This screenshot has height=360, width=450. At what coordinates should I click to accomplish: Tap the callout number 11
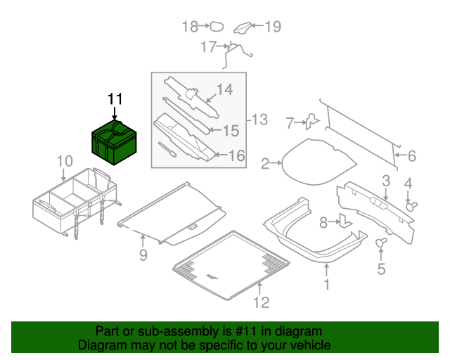point(115,99)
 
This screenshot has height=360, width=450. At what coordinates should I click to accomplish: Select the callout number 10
point(64,161)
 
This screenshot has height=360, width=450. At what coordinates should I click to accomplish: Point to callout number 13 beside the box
point(259,120)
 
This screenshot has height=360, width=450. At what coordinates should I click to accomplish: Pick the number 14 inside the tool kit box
point(223,89)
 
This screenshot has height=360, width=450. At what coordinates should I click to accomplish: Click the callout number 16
point(236,155)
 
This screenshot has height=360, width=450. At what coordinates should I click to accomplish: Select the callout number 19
point(272,27)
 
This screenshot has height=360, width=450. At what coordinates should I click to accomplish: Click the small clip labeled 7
point(312,122)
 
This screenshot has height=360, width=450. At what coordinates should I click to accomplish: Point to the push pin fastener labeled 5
point(382,243)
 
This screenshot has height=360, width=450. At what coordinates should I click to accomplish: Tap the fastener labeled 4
point(413,205)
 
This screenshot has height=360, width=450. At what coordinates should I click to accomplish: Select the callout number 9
point(143,255)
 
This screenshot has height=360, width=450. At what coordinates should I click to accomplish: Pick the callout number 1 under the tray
point(326,285)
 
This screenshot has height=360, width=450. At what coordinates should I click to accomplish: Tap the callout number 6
point(411,156)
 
